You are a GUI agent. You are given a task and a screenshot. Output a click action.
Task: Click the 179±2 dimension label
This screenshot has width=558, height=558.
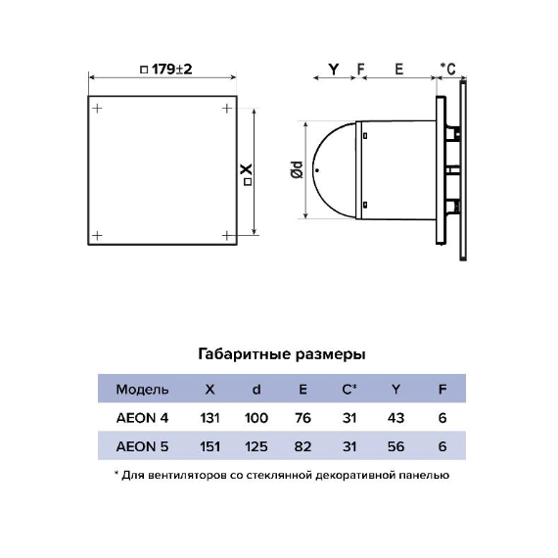click(x=166, y=70)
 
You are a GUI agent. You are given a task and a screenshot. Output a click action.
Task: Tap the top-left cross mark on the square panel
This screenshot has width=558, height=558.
click(x=97, y=108)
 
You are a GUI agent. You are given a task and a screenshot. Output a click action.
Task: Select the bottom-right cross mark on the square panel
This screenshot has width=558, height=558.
click(x=227, y=235)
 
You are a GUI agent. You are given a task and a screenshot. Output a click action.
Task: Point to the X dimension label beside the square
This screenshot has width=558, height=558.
click(x=248, y=174)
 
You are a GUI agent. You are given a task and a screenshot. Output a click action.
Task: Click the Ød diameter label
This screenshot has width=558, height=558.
click(x=297, y=169)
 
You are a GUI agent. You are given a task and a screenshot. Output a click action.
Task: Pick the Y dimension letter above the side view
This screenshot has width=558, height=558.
click(x=334, y=70)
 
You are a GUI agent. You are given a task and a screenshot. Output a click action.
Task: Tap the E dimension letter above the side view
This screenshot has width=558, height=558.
click(x=399, y=70)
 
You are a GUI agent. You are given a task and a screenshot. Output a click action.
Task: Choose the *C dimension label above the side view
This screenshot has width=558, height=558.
click(x=447, y=69)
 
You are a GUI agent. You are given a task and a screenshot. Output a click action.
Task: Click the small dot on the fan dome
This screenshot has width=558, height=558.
click(x=317, y=170)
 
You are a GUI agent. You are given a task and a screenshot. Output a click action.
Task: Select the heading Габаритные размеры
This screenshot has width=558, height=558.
click(x=282, y=354)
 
